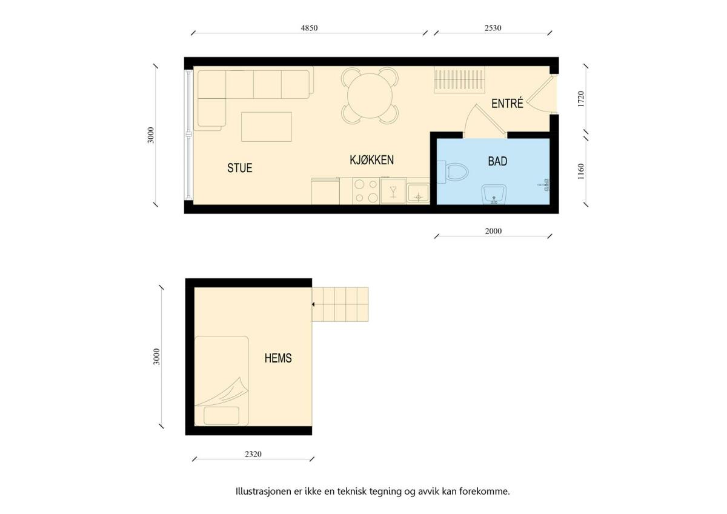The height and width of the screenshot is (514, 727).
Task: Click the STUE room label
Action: click(239, 168)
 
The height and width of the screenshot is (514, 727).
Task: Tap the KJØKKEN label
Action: click(371, 160)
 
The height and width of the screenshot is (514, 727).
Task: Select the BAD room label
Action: click(497, 161)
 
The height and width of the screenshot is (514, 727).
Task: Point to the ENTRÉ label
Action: click(507, 103)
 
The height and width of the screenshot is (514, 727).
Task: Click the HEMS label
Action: click(278, 358)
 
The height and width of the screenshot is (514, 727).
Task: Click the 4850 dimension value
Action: click(309, 28)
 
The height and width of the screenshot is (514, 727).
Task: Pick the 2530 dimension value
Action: click(493, 28)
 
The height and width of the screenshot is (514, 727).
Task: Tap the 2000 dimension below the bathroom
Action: click(493, 231)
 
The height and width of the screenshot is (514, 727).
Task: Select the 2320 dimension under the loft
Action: click(253, 454)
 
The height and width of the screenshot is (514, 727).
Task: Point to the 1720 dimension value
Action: click(581, 99)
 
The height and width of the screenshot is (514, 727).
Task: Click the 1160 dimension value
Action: click(581, 172)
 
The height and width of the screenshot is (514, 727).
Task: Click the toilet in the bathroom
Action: click(453, 172)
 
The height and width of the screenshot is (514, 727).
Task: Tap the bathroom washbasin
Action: click(494, 195)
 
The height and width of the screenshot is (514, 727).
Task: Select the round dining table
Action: click(370, 96)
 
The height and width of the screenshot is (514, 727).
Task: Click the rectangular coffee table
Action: click(267, 127)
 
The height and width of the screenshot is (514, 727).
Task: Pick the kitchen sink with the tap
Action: click(419, 193)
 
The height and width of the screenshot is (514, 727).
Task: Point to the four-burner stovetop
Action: click(366, 191)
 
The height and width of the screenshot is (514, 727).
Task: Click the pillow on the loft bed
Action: click(221, 416)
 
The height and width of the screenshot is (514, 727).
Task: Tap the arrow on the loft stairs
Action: click(314, 304)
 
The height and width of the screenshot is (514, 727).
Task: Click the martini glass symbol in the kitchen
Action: click(393, 192)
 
